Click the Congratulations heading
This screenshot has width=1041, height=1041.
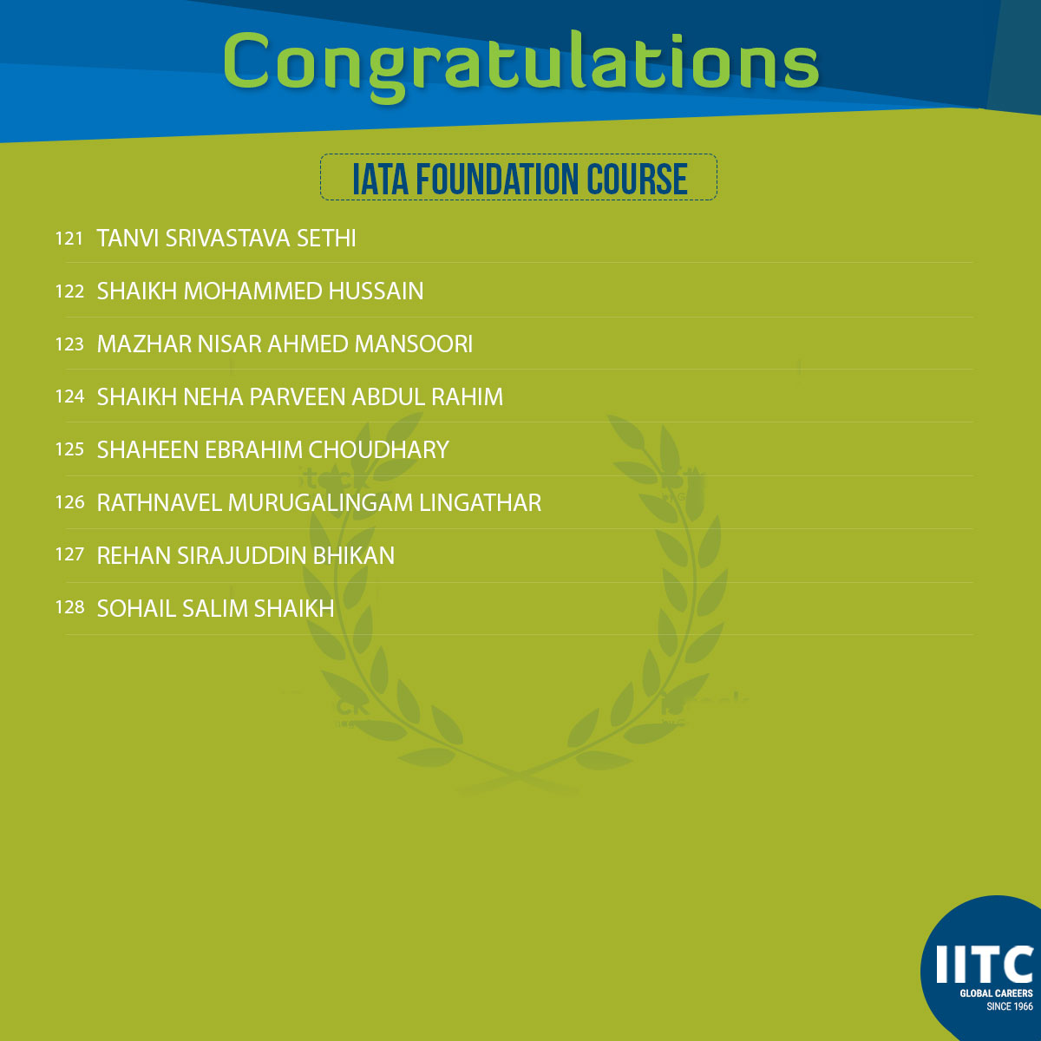point(520,65)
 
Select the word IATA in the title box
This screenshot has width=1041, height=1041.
point(380,179)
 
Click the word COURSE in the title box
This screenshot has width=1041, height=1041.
point(637,179)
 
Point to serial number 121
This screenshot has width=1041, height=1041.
point(69,239)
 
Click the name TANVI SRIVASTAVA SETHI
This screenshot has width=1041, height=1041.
point(226,239)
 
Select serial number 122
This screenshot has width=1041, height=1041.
point(69,291)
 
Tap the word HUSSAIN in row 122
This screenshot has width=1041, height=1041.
point(376,291)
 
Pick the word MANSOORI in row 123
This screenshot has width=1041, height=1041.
point(413,344)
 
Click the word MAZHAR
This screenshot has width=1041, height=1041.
point(144,344)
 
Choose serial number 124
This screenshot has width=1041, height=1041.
point(69,396)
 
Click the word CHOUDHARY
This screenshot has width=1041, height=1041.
point(378,449)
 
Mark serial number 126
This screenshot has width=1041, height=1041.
point(69,502)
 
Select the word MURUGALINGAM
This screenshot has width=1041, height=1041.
point(320,502)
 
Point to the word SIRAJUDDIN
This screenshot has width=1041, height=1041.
point(241,555)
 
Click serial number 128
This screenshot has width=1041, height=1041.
point(69,608)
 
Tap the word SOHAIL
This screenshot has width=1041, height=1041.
point(136,608)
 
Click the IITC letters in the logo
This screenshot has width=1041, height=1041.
point(984,965)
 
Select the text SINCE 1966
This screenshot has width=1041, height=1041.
point(1009,1006)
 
